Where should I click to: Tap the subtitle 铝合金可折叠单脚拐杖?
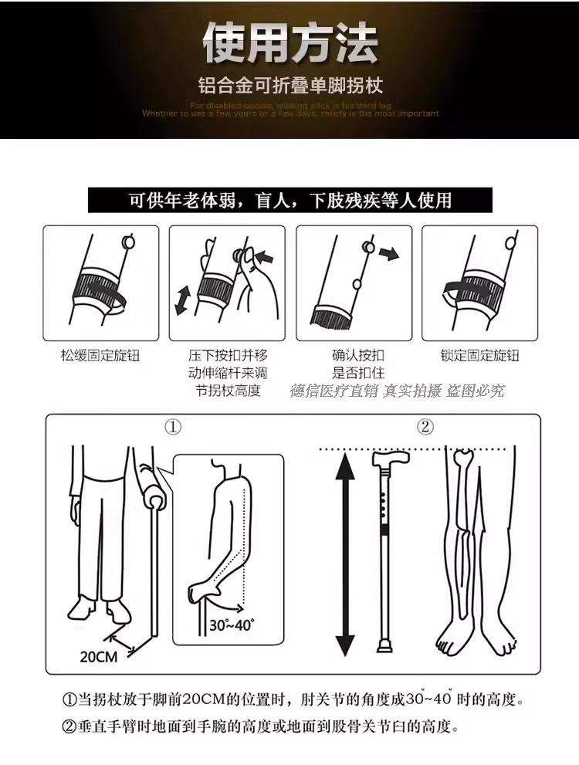point(289,85)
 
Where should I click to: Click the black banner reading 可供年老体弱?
point(289,201)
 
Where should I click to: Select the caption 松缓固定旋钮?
point(100,356)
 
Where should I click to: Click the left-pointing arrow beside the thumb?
point(264,255)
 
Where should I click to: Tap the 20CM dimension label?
point(98,657)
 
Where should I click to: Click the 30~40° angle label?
point(232,625)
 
